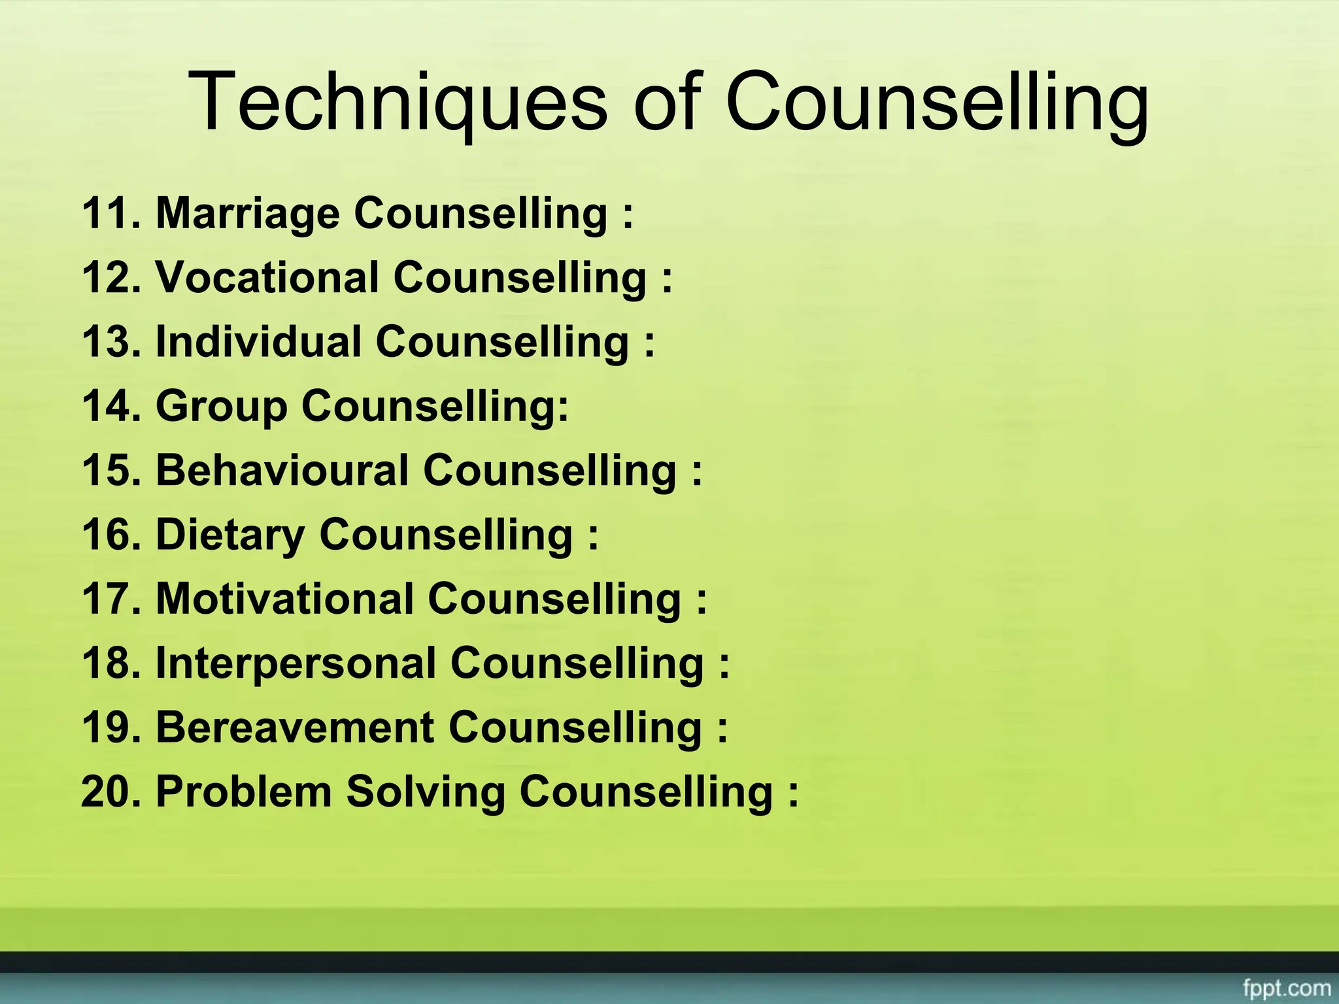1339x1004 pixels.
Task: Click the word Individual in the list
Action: point(258,341)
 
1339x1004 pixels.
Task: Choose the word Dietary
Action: point(230,534)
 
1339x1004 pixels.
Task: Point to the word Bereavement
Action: point(295,727)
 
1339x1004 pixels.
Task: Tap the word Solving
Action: point(426,791)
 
